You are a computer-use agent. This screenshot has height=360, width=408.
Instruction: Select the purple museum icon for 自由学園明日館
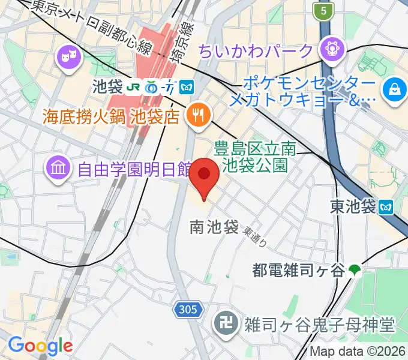(58, 167)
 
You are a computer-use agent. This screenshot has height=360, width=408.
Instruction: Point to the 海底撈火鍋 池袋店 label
(111, 116)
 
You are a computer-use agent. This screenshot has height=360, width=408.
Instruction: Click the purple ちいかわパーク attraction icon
(331, 49)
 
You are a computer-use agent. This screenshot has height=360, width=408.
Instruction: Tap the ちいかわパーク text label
(256, 50)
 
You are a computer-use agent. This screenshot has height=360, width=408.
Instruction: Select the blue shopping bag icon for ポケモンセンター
(395, 90)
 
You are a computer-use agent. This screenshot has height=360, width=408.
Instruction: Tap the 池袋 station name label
(106, 86)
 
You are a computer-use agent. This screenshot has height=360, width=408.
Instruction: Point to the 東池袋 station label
(353, 207)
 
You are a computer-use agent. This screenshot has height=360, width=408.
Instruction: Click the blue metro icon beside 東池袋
(386, 207)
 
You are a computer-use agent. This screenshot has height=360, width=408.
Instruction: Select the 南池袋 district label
(214, 227)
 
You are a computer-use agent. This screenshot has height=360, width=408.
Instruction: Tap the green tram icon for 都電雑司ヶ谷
(356, 271)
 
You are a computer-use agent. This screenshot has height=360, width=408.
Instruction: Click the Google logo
(40, 346)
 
